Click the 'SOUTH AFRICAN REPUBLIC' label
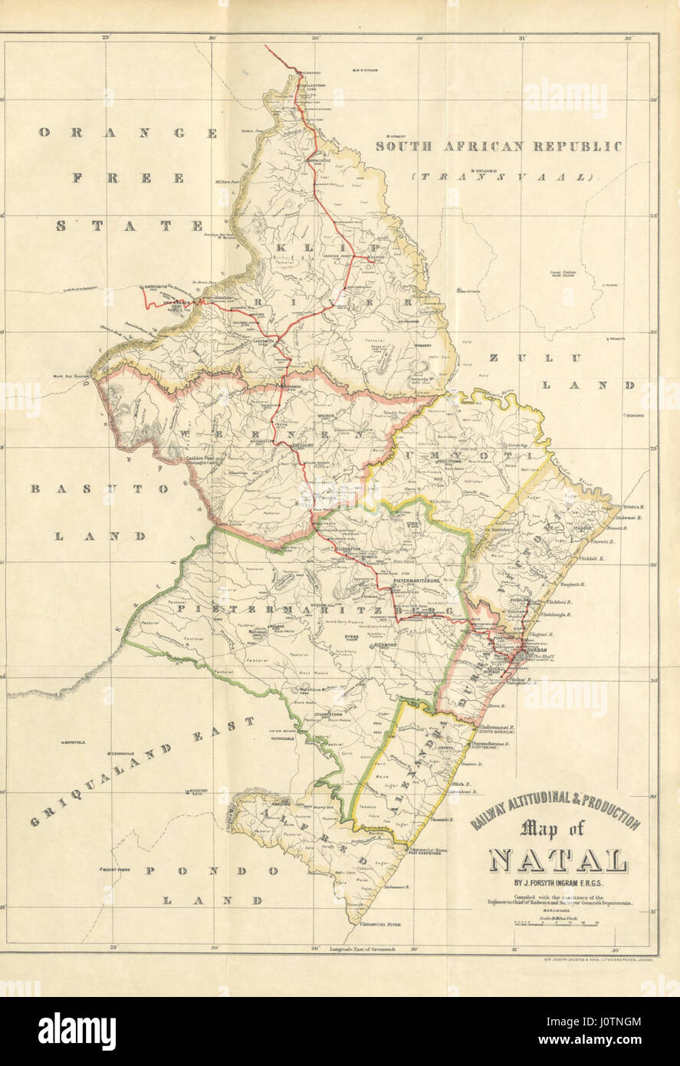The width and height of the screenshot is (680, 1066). [x=498, y=146]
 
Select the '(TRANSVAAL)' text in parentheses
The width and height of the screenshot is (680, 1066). [x=501, y=176]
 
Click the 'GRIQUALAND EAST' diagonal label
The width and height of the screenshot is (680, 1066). [x=142, y=775]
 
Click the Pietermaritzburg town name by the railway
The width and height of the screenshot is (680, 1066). [x=414, y=584]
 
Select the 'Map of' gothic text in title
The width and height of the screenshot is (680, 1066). [x=551, y=828]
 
